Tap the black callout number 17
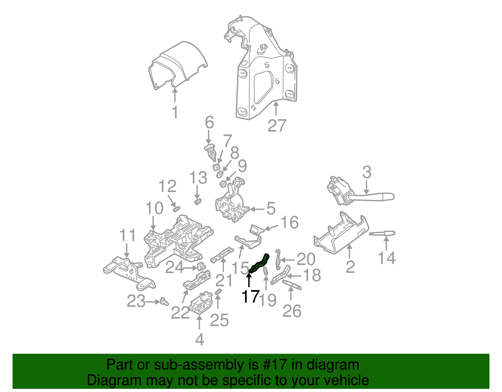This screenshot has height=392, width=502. coord(250,296)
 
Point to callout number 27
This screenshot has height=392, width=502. coord(277,126)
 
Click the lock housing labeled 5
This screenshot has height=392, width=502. coord(231,204)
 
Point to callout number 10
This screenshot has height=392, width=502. coord(154,208)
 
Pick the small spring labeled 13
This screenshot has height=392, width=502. coord(198,201)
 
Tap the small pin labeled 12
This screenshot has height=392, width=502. coord(177,209)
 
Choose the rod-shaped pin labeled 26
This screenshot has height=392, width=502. coord(292,285)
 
